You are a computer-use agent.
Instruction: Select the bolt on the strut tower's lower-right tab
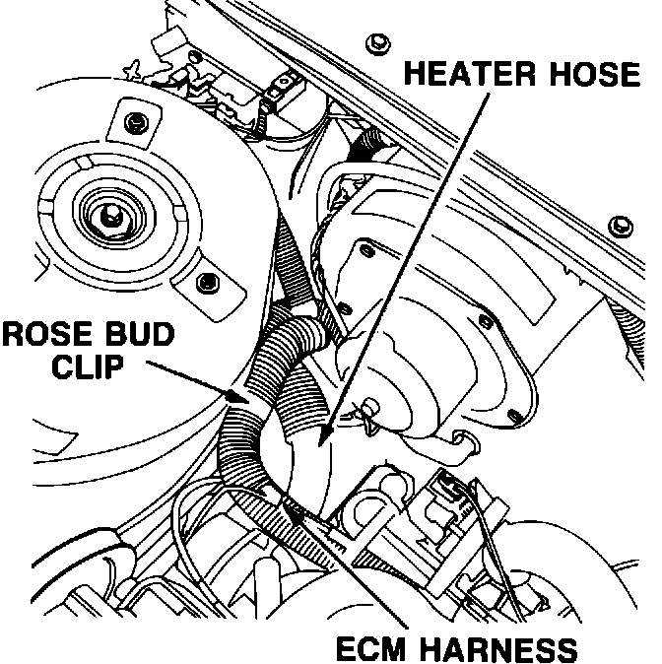[207, 283]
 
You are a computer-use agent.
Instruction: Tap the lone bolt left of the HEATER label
[375, 43]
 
